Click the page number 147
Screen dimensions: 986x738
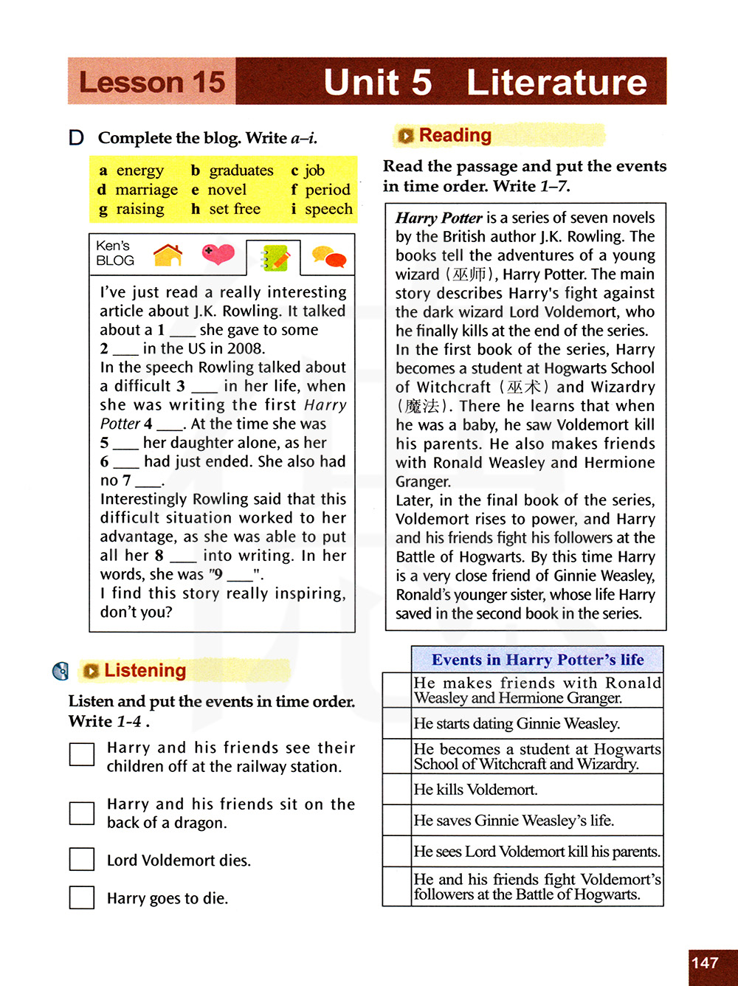pos(705,962)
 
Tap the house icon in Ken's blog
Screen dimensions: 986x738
pos(168,255)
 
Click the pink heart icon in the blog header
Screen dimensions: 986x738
pos(218,255)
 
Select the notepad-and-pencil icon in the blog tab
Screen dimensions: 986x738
pos(274,258)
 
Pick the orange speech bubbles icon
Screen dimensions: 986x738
pos(328,257)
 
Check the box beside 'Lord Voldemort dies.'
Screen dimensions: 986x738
pos(82,860)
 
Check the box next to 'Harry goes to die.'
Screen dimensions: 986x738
pos(82,897)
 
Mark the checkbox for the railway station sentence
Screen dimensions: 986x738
pos(82,754)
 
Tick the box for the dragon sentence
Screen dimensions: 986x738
pos(82,813)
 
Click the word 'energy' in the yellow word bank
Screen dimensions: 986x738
pos(139,170)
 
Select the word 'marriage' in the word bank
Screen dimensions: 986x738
pos(146,190)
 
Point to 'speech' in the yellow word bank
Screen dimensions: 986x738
pos(328,209)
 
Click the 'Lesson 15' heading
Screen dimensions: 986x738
pos(152,82)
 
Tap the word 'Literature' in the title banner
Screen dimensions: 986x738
pos(556,82)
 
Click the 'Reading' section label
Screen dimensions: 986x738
pos(455,135)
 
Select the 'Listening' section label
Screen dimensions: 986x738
pos(145,670)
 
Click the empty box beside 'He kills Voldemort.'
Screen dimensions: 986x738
pos(397,789)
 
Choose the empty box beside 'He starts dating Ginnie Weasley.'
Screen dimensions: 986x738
pos(397,723)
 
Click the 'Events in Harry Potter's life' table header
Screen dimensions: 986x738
pos(537,659)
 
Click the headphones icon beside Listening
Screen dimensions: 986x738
pos(61,671)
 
